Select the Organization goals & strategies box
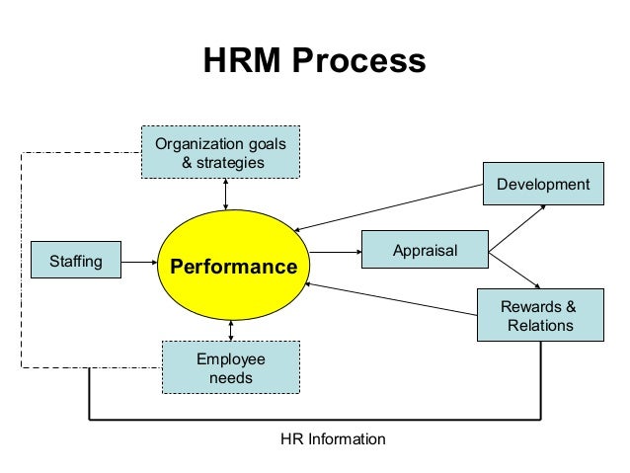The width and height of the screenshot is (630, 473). (x=220, y=152)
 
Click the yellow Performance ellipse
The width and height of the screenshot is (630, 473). (x=233, y=266)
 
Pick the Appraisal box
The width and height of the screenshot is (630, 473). (x=425, y=251)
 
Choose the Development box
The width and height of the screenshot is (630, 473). (x=542, y=185)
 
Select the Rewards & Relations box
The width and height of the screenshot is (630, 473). (x=539, y=315)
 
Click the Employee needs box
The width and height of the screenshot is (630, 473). (x=230, y=367)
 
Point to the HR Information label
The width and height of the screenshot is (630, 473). (x=334, y=438)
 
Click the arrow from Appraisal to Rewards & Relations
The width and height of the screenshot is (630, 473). (x=515, y=270)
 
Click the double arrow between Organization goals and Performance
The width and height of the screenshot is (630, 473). (x=227, y=195)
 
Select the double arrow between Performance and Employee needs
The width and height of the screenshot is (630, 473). (x=230, y=330)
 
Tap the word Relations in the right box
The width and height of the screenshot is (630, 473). (x=539, y=325)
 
